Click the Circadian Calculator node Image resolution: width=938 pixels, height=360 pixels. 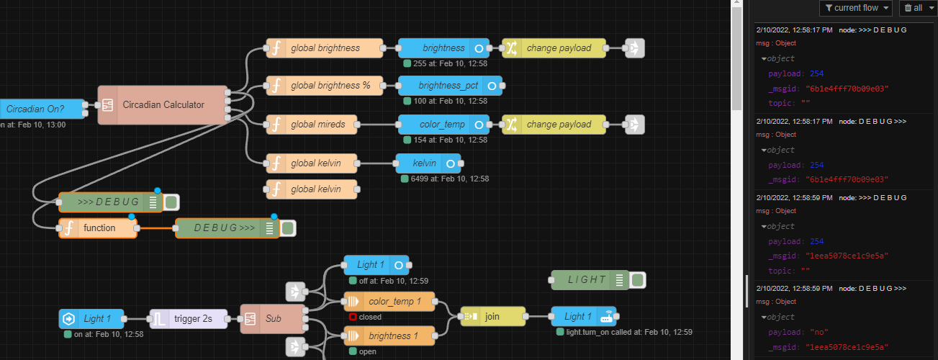(163, 104)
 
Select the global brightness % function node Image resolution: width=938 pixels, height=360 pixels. (325, 86)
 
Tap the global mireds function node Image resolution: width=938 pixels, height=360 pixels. (312, 125)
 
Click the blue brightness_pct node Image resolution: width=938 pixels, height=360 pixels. (450, 86)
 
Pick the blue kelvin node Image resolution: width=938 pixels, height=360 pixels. (428, 163)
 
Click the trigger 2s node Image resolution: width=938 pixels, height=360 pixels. (189, 318)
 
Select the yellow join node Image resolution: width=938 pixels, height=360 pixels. (493, 317)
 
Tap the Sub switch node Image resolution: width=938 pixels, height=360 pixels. (273, 318)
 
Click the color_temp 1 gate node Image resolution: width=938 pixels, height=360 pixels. (389, 302)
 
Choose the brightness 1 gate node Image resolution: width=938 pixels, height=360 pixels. (389, 336)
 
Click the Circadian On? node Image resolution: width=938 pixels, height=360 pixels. (42, 109)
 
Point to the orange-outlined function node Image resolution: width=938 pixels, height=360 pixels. (98, 228)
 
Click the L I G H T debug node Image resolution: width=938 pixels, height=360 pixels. (590, 280)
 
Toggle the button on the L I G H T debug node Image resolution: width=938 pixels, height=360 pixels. (638, 280)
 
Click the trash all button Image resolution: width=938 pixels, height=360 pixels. (919, 8)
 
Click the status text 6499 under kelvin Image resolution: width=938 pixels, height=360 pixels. (450, 179)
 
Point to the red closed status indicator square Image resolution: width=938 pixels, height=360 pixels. (353, 317)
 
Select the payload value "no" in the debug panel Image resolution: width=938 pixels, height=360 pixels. (819, 333)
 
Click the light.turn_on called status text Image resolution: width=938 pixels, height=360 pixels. (629, 332)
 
